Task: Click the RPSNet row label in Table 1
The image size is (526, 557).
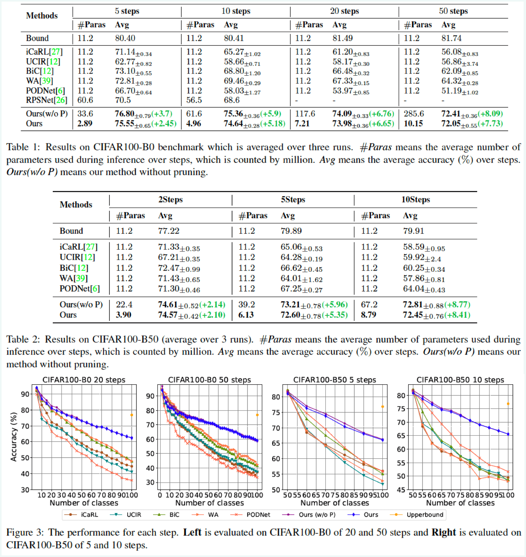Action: click(46, 100)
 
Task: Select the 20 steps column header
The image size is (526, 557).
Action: click(344, 11)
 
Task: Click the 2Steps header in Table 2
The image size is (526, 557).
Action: click(171, 200)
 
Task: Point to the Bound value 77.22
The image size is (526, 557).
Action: click(169, 231)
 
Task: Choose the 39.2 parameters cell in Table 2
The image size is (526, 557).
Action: click(247, 305)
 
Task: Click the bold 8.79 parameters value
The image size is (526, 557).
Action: click(369, 315)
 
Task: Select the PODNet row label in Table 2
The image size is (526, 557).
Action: click(79, 289)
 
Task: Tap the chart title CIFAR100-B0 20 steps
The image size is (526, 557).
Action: click(84, 380)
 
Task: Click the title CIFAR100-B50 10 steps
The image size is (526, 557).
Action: click(460, 380)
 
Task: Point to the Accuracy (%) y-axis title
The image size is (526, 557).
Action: click(14, 437)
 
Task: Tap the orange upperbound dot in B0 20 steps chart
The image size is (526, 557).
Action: click(132, 415)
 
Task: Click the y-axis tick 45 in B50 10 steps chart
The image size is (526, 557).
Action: click(401, 490)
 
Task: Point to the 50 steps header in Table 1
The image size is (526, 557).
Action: click(453, 11)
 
